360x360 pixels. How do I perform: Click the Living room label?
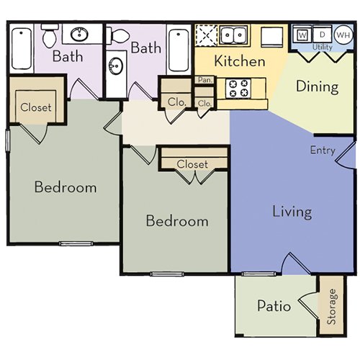tap(292, 212)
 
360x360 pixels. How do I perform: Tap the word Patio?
tap(274, 306)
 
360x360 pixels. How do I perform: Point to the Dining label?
tap(318, 87)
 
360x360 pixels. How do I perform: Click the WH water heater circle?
tap(342, 35)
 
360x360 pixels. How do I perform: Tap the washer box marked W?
tap(302, 35)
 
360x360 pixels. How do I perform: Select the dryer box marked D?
tap(323, 35)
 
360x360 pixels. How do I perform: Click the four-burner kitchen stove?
tap(238, 88)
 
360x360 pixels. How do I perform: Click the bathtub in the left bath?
tap(22, 47)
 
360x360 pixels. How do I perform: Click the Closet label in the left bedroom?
tap(36, 108)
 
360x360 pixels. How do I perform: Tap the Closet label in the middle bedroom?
tap(192, 164)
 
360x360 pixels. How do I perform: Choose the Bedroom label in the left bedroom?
tap(66, 187)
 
